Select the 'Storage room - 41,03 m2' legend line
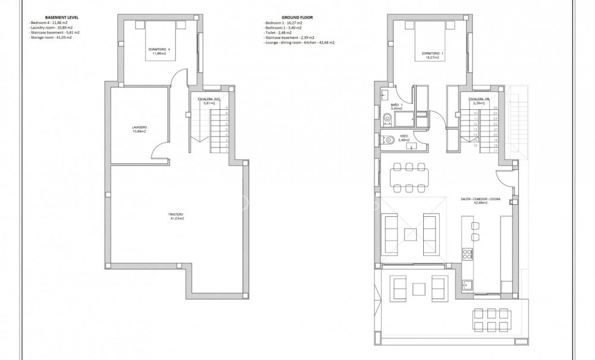(52, 37)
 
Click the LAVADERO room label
(140, 129)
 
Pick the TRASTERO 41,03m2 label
(175, 216)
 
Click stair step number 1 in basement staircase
(227, 151)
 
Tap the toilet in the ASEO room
(388, 140)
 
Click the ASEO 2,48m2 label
(404, 138)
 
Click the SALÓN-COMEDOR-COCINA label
(480, 201)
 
